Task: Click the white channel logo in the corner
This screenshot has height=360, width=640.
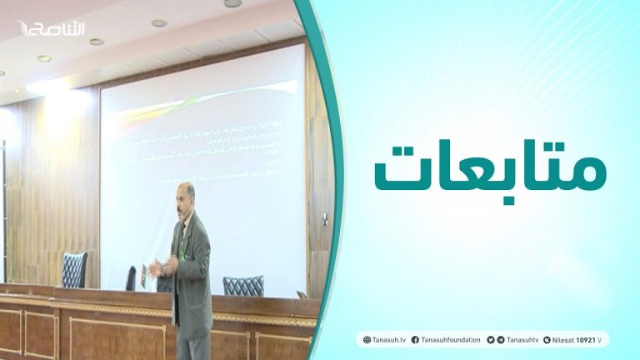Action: click(x=52, y=28)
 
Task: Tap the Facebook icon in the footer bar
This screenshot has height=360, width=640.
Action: click(x=415, y=340)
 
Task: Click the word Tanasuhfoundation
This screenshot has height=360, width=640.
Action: click(x=451, y=340)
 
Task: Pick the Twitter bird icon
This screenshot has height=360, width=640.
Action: click(x=491, y=340)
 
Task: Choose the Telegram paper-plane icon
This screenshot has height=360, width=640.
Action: click(x=501, y=340)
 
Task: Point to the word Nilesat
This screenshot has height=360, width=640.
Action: click(x=564, y=340)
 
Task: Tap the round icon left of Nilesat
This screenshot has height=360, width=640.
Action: click(x=547, y=340)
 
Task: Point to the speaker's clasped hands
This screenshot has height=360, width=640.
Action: click(x=170, y=265)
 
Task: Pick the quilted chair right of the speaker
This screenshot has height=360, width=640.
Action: click(x=242, y=286)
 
